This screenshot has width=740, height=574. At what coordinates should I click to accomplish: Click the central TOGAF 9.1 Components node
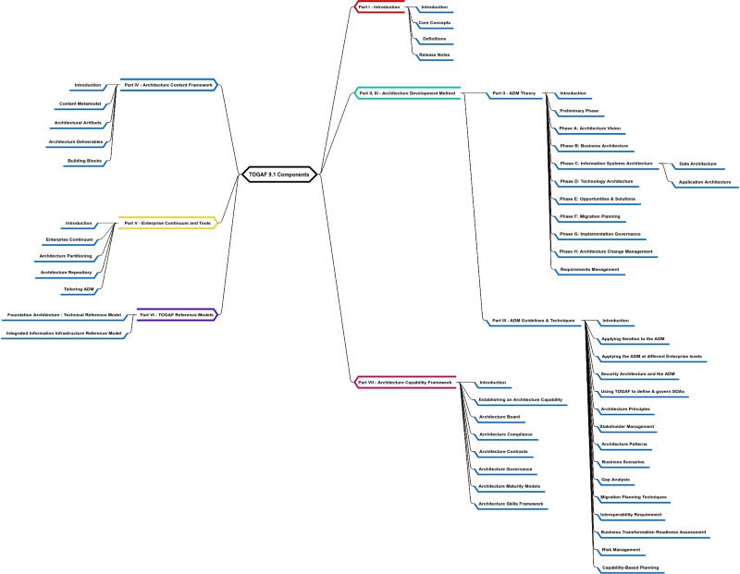tap(279, 174)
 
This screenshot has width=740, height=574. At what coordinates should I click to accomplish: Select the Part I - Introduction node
tap(379, 6)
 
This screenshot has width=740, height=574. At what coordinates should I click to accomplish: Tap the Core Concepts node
tap(435, 22)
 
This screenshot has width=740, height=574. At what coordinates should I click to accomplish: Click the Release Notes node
tap(435, 55)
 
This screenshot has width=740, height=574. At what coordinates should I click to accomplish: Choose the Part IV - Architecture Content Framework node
tap(167, 84)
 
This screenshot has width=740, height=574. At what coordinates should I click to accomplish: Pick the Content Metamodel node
tap(80, 103)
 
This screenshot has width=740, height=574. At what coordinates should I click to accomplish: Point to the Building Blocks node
tap(84, 160)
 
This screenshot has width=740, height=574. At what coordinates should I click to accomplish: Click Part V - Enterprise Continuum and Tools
tap(166, 223)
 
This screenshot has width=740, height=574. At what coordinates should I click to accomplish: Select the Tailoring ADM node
tap(79, 289)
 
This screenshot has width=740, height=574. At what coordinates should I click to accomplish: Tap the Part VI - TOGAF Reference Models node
tap(176, 314)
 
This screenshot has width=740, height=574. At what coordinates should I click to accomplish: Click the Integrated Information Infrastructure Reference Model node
tap(64, 333)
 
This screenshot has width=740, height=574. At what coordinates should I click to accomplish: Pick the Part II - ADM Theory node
tap(513, 92)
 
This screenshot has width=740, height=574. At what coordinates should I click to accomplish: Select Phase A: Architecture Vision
tap(590, 128)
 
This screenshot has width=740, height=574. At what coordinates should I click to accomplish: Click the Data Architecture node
tap(697, 164)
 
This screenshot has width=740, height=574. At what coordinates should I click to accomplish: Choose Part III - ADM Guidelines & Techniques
tap(533, 320)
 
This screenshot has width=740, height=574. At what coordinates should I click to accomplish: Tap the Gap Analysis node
tap(615, 480)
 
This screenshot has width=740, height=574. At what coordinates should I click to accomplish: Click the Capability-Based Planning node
tap(630, 567)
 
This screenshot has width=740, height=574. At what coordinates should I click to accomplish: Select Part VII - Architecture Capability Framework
tap(405, 382)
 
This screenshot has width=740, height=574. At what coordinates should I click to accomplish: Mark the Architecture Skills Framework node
tap(511, 503)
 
